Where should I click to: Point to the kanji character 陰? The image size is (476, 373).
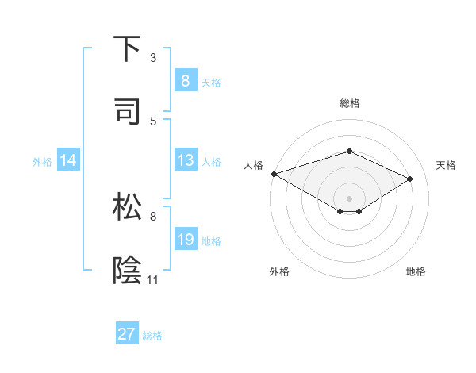pos(128,270)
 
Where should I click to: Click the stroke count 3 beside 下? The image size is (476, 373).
pos(153,58)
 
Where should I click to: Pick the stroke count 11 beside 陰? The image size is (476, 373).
pos(153,280)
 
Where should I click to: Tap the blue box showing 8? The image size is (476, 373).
pos(185,81)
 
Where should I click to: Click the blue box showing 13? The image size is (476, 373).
pos(185,160)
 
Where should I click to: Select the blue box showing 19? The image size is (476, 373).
pos(185,240)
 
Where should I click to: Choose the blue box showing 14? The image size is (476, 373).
pos(68,160)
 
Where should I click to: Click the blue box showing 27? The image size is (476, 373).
pos(126,334)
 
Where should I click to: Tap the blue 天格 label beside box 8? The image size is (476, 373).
pos(211,82)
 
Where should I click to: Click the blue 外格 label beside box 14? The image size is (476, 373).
pos(42,161)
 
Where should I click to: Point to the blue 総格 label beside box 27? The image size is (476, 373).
pos(152,335)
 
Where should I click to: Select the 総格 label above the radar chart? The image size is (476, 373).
pos(349,103)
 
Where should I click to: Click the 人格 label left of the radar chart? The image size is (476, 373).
pos(253,165)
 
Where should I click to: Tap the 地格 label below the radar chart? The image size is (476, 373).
pos(416,271)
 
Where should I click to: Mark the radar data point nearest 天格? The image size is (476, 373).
pos(410,179)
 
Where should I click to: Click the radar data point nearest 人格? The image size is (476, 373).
pos(274,173)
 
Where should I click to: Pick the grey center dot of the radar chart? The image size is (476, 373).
pos(349,197)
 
